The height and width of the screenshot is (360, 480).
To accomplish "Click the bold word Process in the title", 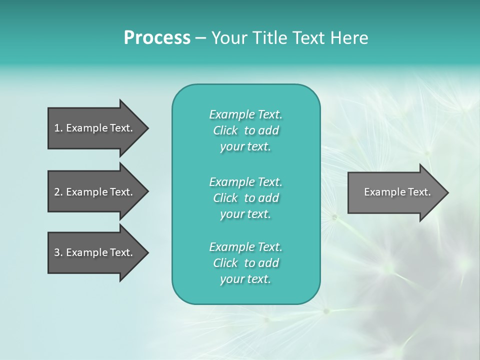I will tap(157, 38).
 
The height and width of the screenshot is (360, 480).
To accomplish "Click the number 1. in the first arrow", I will tap(58, 128).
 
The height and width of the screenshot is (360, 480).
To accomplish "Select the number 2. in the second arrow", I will tap(58, 192).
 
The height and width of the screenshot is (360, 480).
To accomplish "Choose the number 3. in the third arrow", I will tap(58, 252).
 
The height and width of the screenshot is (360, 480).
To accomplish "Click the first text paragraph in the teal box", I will tap(245, 130).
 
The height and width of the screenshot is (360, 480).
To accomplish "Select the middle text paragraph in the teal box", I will tap(245, 198).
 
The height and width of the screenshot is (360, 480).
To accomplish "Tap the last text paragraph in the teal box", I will tap(245, 263).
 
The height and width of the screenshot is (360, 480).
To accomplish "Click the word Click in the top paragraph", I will tap(225, 130).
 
